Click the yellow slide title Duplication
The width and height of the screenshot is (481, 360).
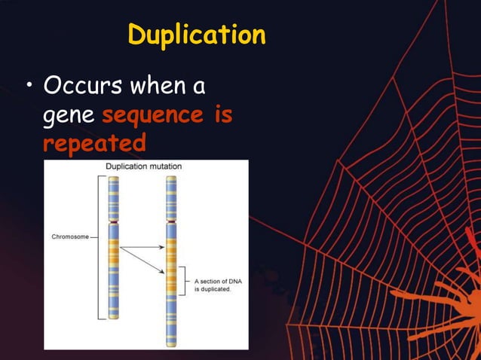pyautogui.click(x=196, y=35)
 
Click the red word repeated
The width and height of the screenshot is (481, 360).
pyautogui.click(x=94, y=143)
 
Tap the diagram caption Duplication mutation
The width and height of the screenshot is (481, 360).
pyautogui.click(x=143, y=166)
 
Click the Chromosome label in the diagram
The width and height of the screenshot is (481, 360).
pyautogui.click(x=69, y=236)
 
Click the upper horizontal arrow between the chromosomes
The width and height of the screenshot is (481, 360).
pyautogui.click(x=144, y=247)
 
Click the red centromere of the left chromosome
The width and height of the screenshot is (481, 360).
pyautogui.click(x=113, y=224)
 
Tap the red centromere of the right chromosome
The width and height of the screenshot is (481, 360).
pyautogui.click(x=172, y=222)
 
